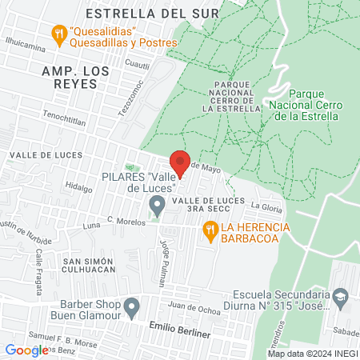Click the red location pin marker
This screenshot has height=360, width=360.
181,162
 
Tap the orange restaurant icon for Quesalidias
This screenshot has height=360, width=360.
58,34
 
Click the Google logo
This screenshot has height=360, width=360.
26,350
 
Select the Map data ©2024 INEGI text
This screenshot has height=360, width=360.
311,353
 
